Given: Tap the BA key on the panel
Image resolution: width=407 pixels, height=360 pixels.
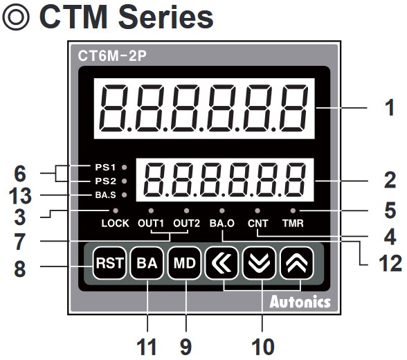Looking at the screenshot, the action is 147,263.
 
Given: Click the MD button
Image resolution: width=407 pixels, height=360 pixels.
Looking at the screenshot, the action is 185,263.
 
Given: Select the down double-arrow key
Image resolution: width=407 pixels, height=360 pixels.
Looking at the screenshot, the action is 259,263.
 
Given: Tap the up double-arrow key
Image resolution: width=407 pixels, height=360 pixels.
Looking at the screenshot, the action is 297,263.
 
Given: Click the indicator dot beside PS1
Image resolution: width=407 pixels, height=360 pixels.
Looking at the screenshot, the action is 125,167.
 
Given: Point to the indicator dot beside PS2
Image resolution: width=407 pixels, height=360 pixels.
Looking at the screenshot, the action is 125,181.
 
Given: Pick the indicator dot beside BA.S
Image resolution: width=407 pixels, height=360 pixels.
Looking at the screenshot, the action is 125,195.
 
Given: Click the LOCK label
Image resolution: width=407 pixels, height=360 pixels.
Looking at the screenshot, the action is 115,223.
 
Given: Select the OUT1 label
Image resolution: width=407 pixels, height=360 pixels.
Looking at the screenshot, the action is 151,223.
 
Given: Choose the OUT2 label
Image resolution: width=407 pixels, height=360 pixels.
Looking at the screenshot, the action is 186,223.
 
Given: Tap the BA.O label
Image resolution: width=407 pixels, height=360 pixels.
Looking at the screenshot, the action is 222,223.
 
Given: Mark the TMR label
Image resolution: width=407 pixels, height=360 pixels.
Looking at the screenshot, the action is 293,223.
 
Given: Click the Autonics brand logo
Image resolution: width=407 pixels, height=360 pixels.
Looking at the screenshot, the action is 300,302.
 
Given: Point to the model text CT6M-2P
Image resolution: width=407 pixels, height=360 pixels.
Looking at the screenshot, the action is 112,56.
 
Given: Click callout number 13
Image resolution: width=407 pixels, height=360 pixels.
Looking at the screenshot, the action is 20,196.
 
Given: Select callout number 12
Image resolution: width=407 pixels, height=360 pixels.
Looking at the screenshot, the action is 390,264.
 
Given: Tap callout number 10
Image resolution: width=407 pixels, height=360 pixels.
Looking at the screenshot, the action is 263,347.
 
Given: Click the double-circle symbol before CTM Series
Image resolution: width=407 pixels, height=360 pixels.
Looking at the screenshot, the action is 16,17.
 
